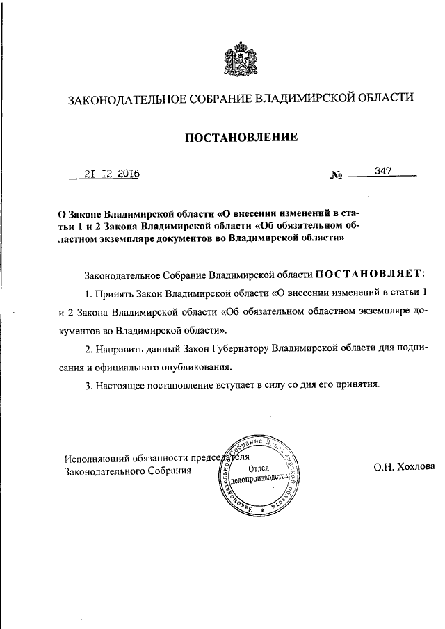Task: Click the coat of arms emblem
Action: (241, 60)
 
